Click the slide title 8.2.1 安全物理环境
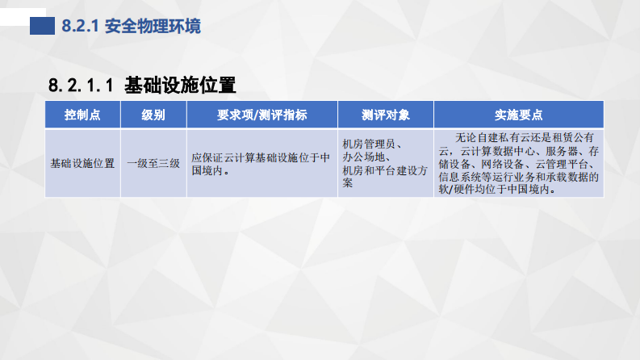point(132,26)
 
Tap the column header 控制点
point(82,115)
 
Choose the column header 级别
point(153,115)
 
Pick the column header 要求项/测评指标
point(262,115)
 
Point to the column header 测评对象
point(385,115)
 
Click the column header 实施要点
point(518,115)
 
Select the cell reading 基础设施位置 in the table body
point(82,163)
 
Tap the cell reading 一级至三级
point(153,163)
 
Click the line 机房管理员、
point(374,144)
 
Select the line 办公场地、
point(367,157)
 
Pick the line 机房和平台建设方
point(384,170)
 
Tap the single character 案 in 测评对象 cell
point(348,183)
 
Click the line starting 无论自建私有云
point(525,137)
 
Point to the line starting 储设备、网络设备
point(517,164)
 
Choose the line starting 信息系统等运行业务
point(517,177)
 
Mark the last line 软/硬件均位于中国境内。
point(494,190)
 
